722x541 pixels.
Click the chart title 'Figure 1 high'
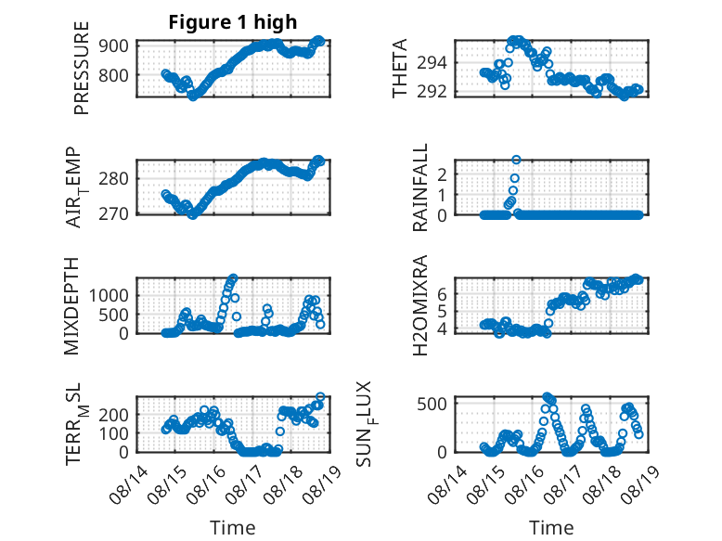click(233, 22)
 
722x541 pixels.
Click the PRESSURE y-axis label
click(81, 68)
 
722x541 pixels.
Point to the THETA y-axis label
click(400, 68)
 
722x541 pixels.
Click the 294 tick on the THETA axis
click(432, 62)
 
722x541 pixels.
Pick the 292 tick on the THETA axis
click(432, 92)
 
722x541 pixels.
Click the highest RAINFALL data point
click(516, 160)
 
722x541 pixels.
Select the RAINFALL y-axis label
click(420, 187)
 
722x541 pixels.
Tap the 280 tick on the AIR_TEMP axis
click(113, 178)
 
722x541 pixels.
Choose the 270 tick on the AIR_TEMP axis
click(113, 213)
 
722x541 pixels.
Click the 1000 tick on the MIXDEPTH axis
click(109, 295)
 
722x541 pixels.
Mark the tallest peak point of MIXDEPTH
click(234, 278)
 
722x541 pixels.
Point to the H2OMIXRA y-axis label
click(420, 305)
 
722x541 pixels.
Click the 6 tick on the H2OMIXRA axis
click(442, 294)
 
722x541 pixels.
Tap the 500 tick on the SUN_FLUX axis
click(432, 404)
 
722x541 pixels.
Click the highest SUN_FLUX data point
click(547, 397)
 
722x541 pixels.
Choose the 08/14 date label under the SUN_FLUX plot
click(446, 484)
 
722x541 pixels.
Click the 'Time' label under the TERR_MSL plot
click(233, 527)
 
